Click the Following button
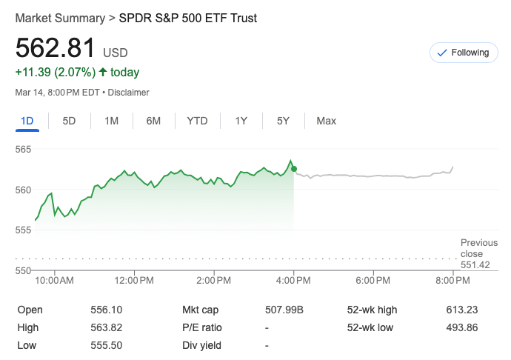[x=463, y=53]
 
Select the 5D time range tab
[x=69, y=121]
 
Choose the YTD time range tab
[x=197, y=121]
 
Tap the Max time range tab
[x=326, y=121]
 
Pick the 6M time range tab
[x=153, y=121]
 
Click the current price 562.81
[x=56, y=48]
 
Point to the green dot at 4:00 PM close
[x=294, y=169]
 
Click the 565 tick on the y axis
[x=24, y=150]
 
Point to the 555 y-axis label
[x=24, y=230]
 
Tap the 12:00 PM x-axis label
[x=135, y=281]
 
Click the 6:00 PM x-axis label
[x=373, y=281]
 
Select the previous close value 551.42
[x=475, y=265]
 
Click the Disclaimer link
[x=130, y=93]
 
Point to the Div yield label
[x=201, y=345]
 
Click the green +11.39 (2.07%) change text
[x=55, y=73]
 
